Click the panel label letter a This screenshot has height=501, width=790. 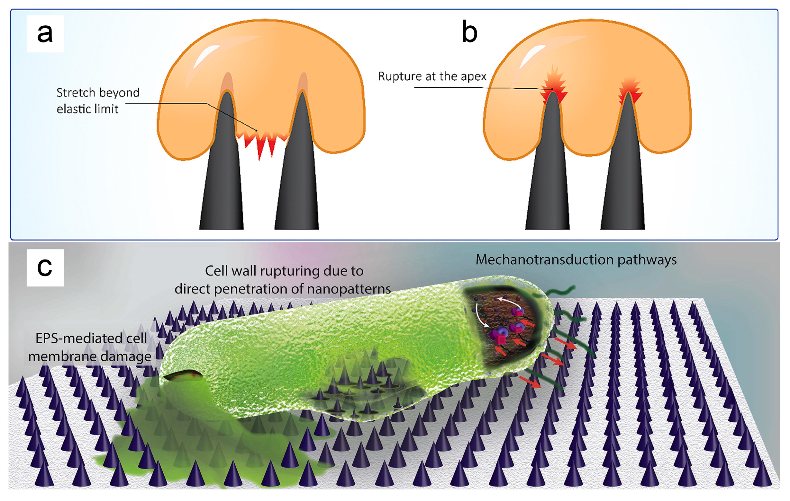(x=45, y=33)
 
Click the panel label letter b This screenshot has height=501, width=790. (x=469, y=32)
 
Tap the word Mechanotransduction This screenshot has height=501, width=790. (x=544, y=259)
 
